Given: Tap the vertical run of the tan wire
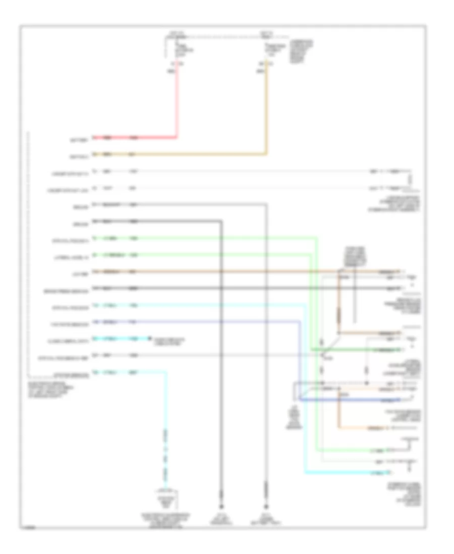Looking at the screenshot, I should pos(267,111).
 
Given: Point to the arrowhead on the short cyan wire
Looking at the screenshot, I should pos(149,338).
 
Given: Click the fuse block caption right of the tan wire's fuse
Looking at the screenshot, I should pos(300,50).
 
